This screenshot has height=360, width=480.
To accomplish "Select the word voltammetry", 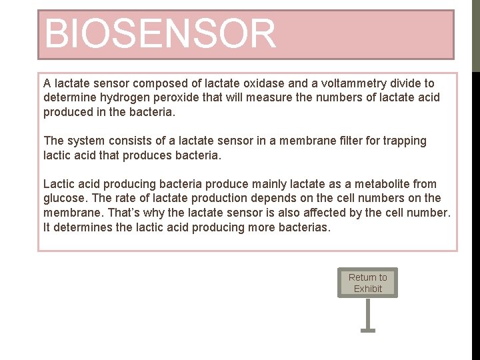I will click(x=357, y=83).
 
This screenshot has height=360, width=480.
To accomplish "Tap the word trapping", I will click(x=404, y=141).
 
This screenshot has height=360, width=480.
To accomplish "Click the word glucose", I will click(x=64, y=198).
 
